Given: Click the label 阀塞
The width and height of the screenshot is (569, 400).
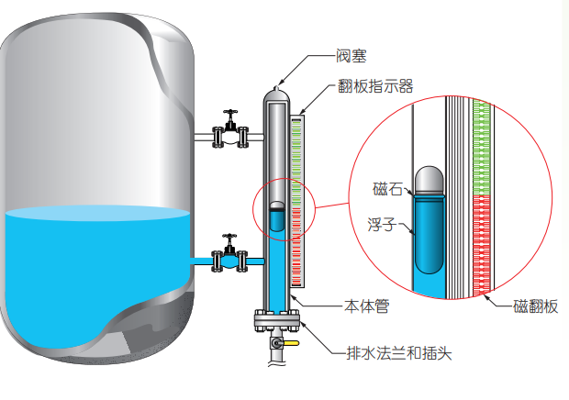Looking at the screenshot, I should click(x=353, y=57).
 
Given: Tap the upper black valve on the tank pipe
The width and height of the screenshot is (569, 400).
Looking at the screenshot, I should click(x=231, y=133).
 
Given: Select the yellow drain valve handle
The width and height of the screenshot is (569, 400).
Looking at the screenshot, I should click(x=290, y=345).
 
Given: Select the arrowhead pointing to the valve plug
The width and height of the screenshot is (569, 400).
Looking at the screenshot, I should click(x=280, y=82).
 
